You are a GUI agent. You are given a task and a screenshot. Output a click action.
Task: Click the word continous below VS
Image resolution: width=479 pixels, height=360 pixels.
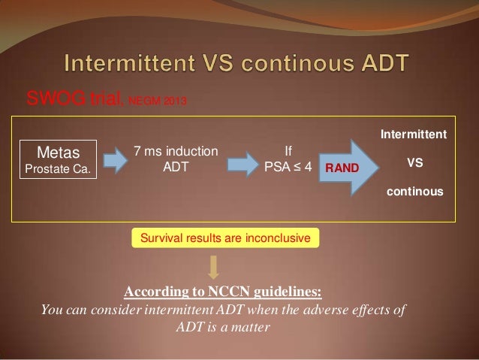coord(414,192)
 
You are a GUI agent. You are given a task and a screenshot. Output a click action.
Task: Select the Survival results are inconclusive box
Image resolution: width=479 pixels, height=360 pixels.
coord(224,239)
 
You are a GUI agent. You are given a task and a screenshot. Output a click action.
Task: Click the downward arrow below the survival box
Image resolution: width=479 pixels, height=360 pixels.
coord(214,267)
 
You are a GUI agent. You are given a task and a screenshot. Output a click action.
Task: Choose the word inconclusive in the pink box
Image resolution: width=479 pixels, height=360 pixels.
coord(279,239)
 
